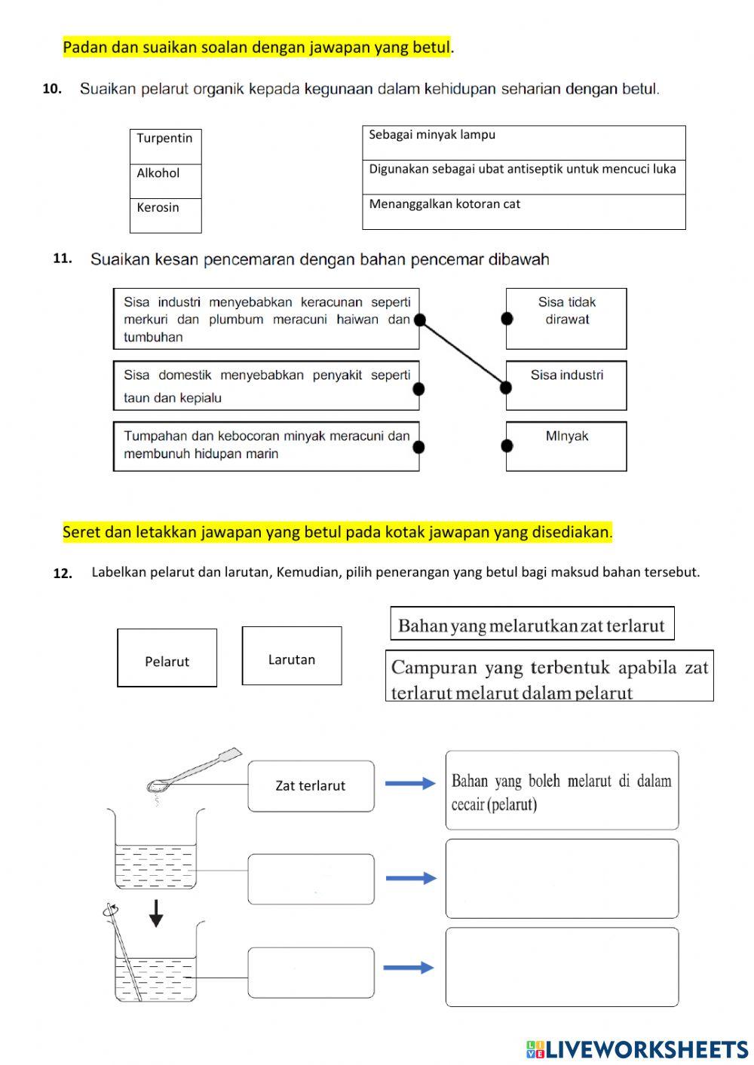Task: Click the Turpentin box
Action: tap(165, 146)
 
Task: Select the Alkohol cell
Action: tap(165, 181)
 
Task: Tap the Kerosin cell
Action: tap(165, 216)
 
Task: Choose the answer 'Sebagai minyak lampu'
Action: tap(523, 142)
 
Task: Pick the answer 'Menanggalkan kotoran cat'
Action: tap(523, 212)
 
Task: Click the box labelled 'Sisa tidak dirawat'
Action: tap(566, 318)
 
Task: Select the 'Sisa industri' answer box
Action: tap(566, 385)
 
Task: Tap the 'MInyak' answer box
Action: tap(566, 446)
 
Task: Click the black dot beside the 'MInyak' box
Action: tap(507, 446)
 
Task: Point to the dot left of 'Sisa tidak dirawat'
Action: tap(507, 319)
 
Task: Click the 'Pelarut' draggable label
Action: tap(167, 658)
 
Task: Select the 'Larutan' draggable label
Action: tap(292, 656)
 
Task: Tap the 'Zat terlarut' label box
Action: tap(311, 786)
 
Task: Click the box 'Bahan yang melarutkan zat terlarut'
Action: tap(532, 624)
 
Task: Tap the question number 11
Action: tap(63, 259)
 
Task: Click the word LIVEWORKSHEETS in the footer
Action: tap(646, 1049)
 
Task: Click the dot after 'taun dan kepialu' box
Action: tap(419, 389)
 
